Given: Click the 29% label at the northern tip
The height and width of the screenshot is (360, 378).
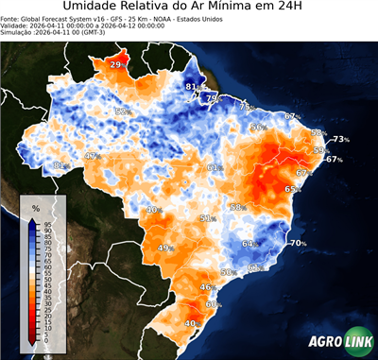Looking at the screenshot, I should click(116, 64).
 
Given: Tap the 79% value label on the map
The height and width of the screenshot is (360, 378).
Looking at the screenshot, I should click(213, 98).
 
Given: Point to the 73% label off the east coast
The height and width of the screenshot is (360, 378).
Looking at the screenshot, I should click(340, 140).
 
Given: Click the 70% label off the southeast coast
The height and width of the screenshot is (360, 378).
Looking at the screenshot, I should click(298, 244).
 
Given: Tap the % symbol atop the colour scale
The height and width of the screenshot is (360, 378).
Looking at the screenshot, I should click(35, 207).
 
